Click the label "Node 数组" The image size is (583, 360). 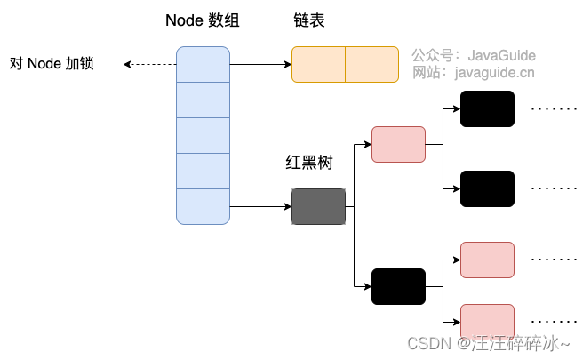tap(203, 20)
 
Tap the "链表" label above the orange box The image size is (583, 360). tap(309, 20)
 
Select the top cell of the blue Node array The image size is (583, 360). tap(203, 64)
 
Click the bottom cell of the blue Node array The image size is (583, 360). tap(203, 206)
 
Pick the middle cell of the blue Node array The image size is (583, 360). tap(203, 135)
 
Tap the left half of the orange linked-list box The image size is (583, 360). tap(318, 64)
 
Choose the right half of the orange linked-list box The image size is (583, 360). tap(371, 64)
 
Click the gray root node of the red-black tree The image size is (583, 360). tap(318, 206)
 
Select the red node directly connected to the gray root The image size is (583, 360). tap(398, 144)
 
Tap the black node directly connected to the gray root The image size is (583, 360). tap(398, 286)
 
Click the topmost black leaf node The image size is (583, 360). tap(487, 108)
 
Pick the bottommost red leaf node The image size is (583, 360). tap(487, 322)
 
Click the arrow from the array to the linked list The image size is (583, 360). tap(260, 64)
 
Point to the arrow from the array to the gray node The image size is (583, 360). tap(260, 206)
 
